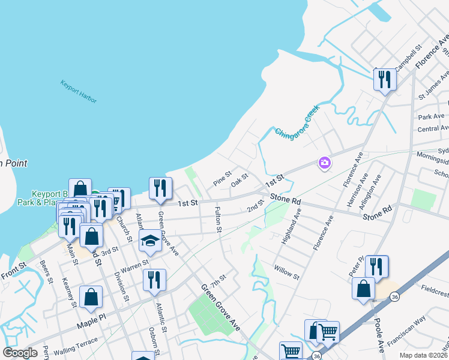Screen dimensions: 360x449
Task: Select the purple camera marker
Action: pos(325,163)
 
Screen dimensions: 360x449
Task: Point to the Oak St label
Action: pos(240,179)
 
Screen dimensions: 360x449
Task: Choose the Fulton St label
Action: pos(218,220)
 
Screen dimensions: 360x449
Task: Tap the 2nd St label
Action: pos(256,207)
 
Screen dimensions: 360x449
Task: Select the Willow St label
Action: pos(287,272)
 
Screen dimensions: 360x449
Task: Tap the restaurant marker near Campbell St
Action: pos(385,80)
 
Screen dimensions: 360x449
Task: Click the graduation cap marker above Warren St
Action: pos(149,242)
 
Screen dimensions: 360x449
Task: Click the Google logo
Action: pos(20,353)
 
